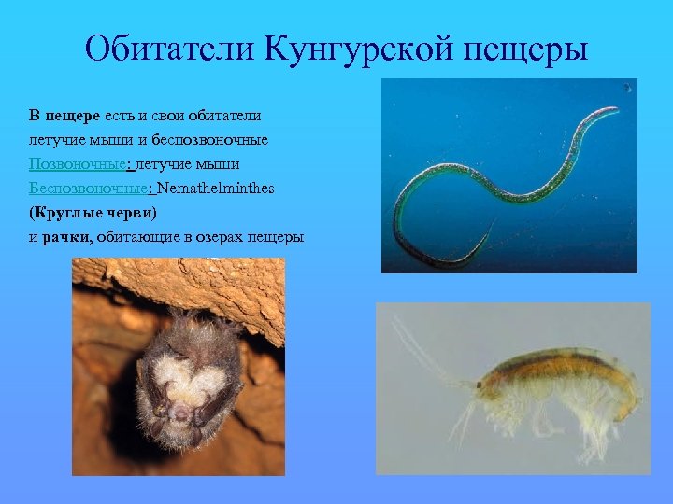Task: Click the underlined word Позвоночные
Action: pos(80,164)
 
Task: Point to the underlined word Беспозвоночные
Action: pos(90,189)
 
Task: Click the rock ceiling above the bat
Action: pos(187,285)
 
